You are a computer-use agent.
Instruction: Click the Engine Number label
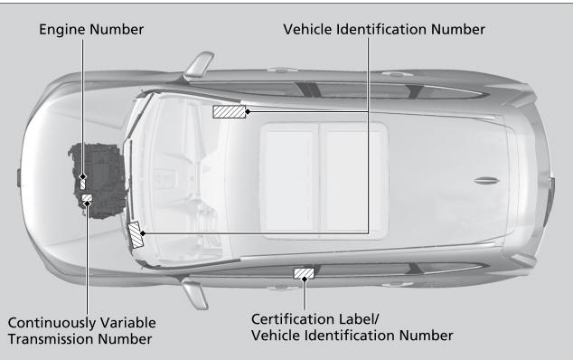tap(91, 30)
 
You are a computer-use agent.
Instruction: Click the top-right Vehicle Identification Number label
tap(384, 30)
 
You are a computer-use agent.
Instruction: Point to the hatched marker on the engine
tap(82, 184)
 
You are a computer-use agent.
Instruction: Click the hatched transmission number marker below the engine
tap(87, 198)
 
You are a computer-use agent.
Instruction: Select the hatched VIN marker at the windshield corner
tap(135, 235)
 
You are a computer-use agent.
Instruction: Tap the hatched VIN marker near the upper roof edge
tap(230, 112)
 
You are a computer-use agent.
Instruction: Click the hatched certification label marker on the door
tap(304, 273)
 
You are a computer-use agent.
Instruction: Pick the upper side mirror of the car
tap(199, 65)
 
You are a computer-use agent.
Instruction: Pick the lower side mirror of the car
tap(195, 293)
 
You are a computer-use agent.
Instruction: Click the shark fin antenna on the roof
tap(485, 180)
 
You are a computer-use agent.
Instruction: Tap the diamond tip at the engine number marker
tap(83, 177)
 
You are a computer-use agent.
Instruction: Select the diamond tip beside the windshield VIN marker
tap(143, 233)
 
